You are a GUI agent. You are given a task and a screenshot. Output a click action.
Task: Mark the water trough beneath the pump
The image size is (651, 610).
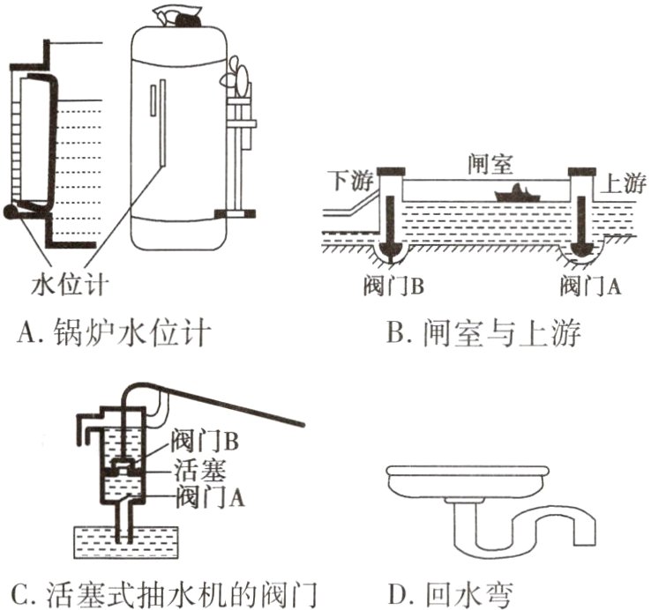[124, 539]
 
